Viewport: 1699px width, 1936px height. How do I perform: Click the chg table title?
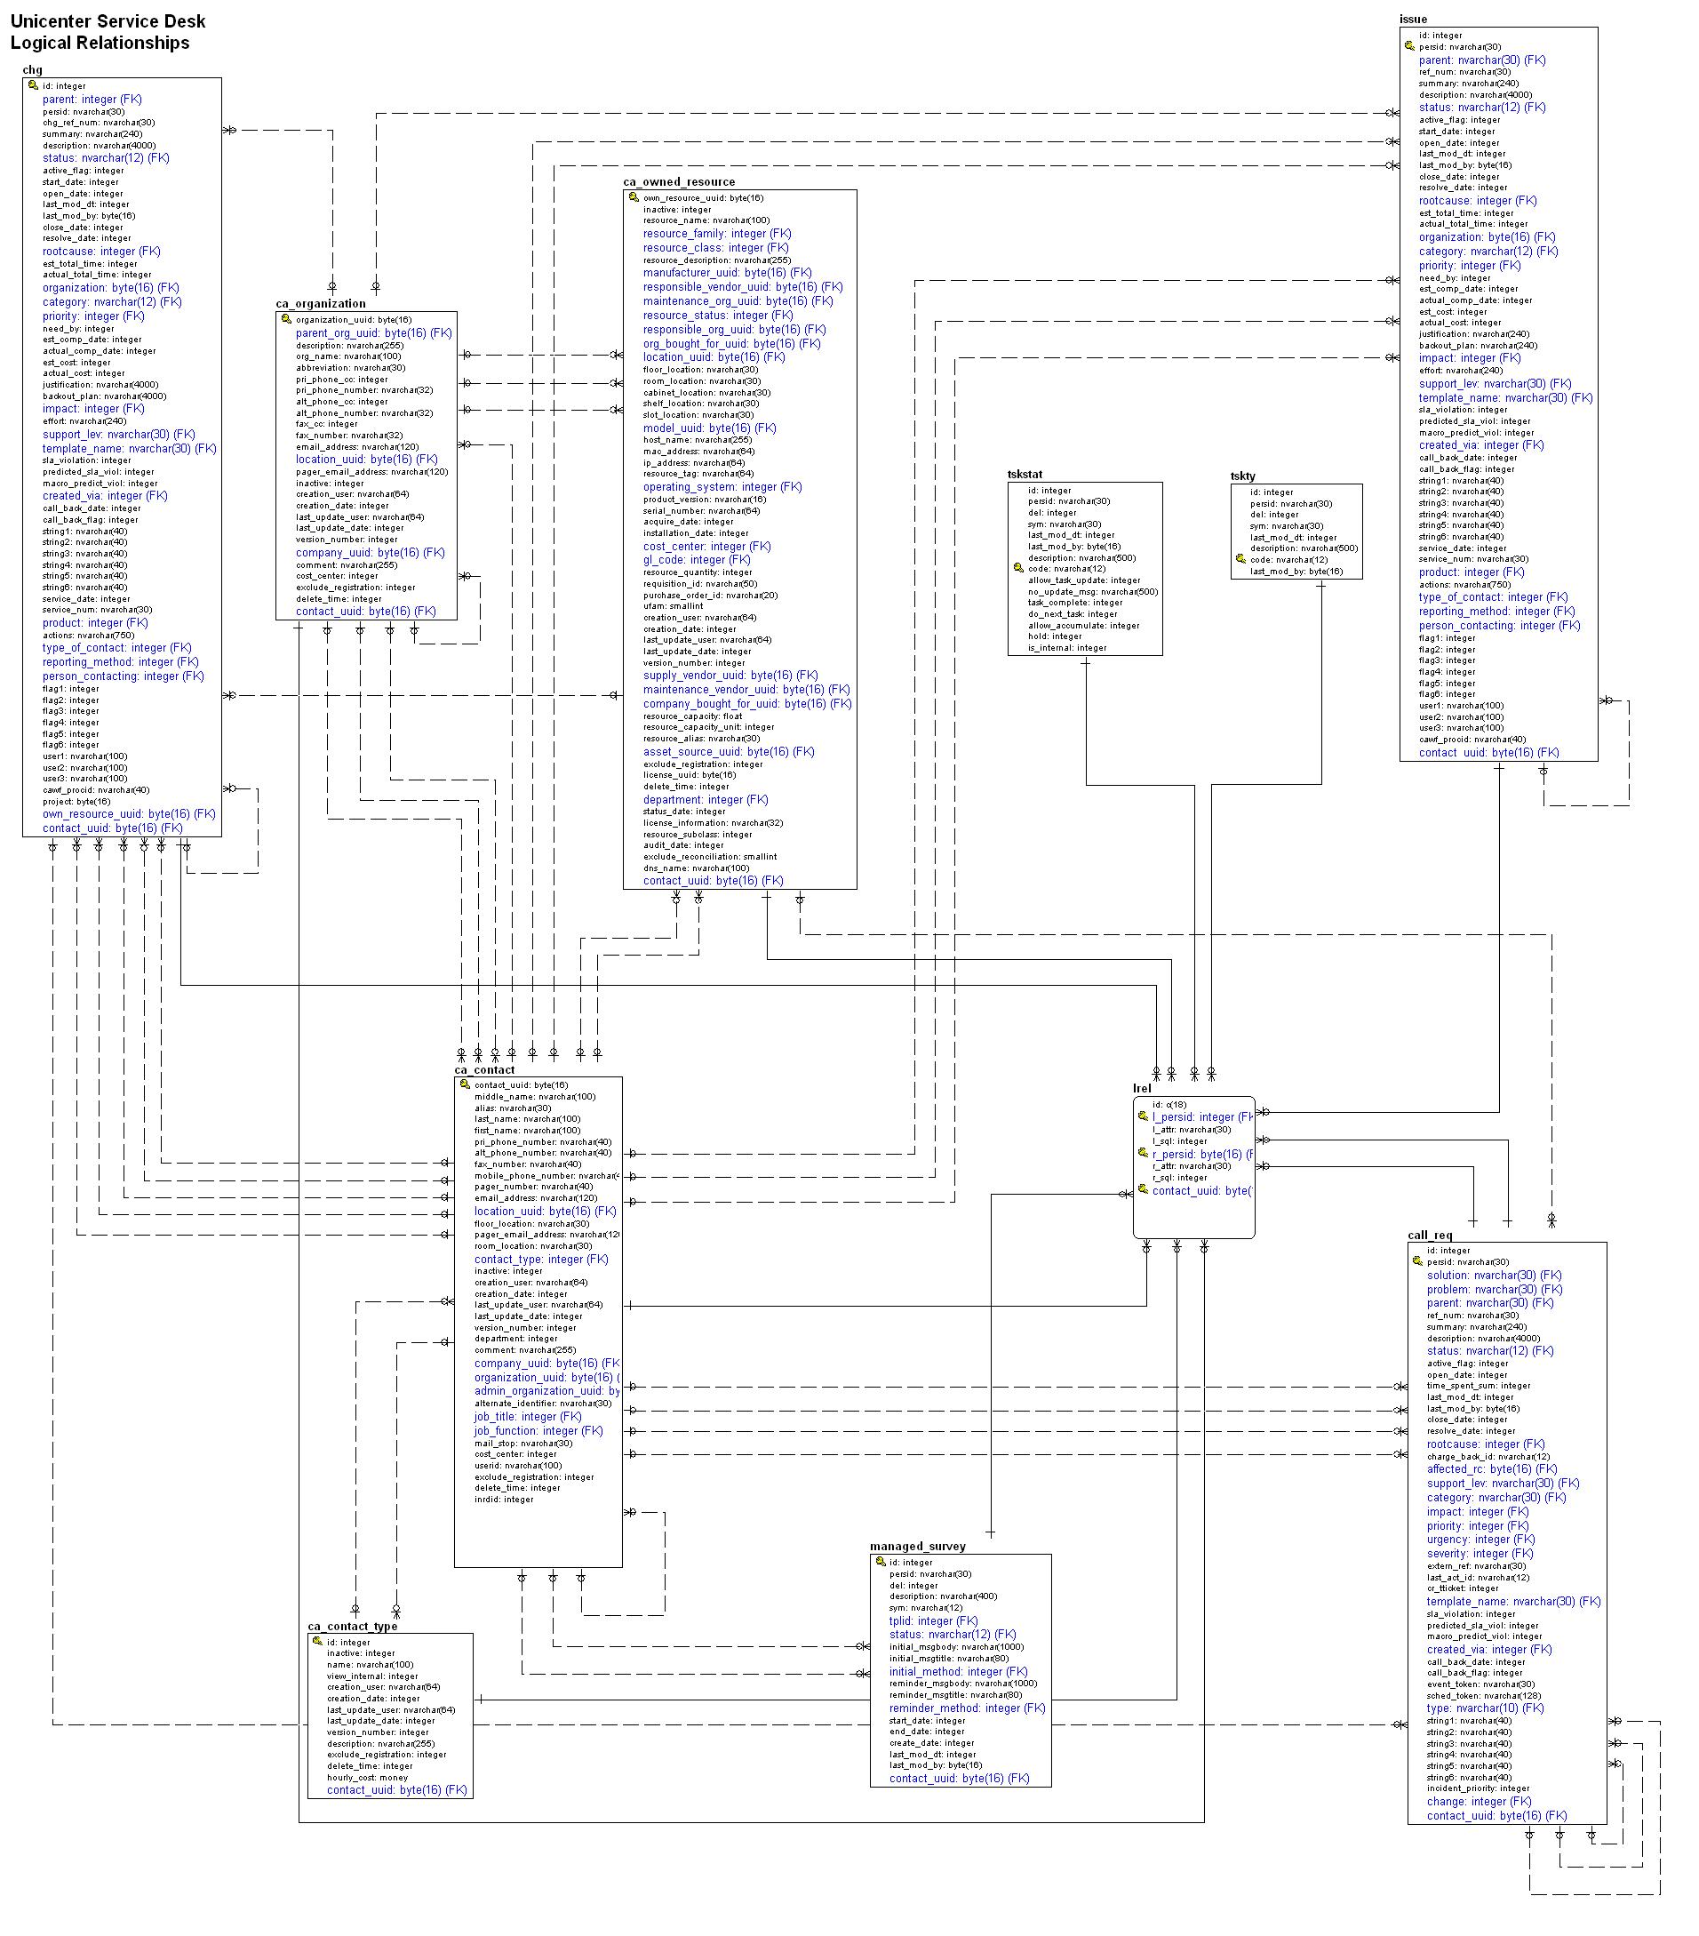coord(32,69)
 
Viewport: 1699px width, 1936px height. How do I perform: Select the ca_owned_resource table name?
coord(678,182)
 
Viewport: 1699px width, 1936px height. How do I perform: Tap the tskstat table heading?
coord(1025,475)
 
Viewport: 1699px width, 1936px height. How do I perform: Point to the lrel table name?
coord(1141,1088)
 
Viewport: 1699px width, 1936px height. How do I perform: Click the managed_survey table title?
coord(917,1547)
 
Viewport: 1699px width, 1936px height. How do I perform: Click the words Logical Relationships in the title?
coord(100,43)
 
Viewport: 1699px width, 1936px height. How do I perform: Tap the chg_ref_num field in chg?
coord(99,122)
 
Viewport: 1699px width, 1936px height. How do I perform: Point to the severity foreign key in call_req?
coord(1480,1554)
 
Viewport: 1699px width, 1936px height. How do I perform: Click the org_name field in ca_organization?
coord(334,356)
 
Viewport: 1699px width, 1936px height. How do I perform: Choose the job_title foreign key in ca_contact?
coord(528,1417)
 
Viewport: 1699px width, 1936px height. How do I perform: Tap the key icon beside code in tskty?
coord(1240,559)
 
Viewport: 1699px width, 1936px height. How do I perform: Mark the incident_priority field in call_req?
coord(1478,1788)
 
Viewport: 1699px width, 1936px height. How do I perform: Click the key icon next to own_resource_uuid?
coord(634,197)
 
